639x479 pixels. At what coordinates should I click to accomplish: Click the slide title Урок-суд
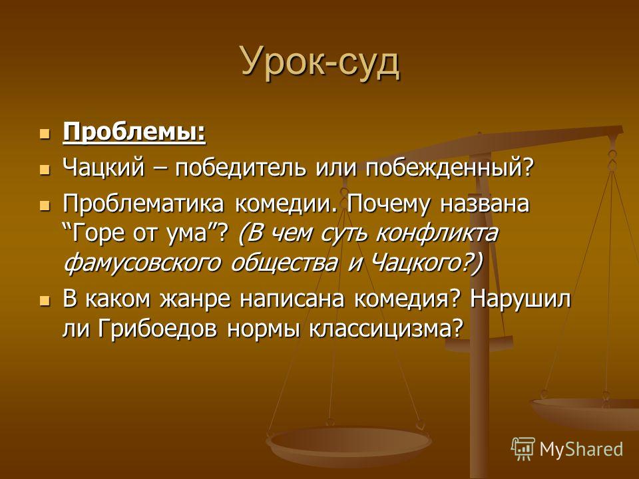[x=320, y=63]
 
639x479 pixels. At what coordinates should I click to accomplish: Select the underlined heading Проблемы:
[x=134, y=132]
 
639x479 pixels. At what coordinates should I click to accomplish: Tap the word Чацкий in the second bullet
[x=104, y=168]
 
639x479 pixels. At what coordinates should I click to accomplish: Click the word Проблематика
[x=143, y=204]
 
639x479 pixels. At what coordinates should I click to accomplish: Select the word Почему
[x=388, y=204]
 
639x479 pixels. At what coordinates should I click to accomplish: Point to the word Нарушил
[x=521, y=299]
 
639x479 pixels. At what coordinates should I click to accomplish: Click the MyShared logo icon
[x=523, y=449]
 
